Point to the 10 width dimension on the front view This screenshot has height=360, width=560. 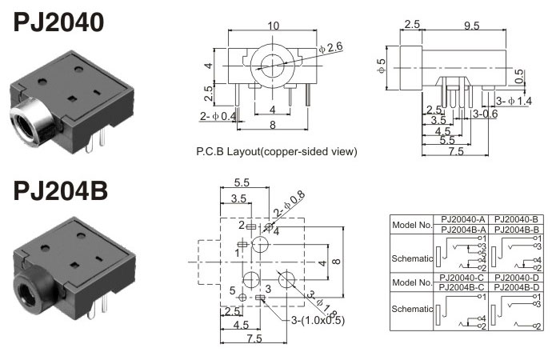[273, 26]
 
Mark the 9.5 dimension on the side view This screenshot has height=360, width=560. [471, 26]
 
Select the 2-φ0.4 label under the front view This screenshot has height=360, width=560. [218, 117]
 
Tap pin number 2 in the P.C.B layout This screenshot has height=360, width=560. [242, 226]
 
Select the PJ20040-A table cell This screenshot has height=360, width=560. [459, 218]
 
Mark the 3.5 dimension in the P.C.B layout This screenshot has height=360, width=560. [238, 198]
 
